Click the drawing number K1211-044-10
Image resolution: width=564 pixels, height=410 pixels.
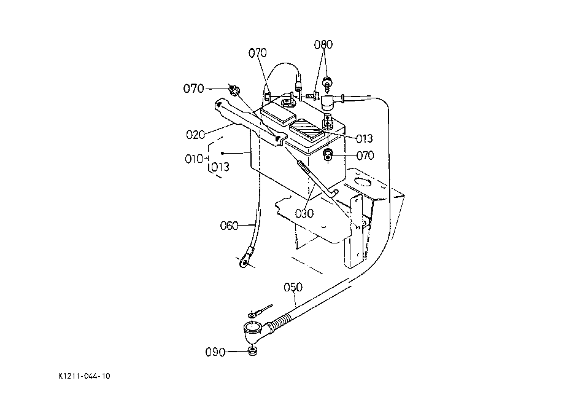click(x=84, y=376)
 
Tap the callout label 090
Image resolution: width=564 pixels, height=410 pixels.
click(x=215, y=352)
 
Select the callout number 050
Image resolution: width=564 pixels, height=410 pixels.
click(x=293, y=287)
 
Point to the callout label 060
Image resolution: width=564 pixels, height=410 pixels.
click(x=229, y=226)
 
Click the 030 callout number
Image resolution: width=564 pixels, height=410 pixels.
click(x=304, y=214)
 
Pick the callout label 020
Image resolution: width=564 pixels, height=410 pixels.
click(x=195, y=135)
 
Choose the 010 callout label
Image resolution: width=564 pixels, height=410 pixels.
click(x=194, y=159)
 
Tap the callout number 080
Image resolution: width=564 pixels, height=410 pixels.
click(x=323, y=45)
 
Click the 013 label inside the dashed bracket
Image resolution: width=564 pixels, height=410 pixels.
click(x=220, y=167)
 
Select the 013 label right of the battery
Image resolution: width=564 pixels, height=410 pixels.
click(x=365, y=138)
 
